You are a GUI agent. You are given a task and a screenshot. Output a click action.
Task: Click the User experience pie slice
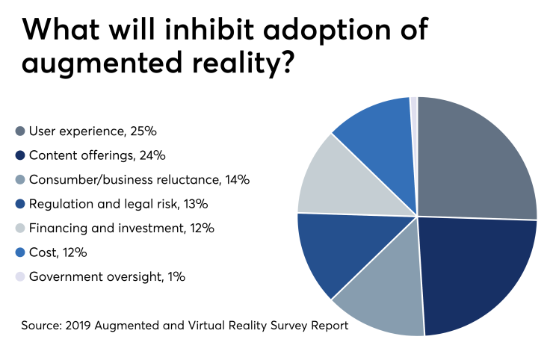(475, 164)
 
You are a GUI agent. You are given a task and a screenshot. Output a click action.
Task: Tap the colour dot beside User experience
(20, 131)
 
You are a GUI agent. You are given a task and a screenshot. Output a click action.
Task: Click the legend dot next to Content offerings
(20, 155)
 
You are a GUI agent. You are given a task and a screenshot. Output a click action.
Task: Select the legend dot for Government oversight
(20, 276)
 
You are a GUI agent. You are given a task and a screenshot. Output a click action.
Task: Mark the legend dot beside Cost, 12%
(20, 252)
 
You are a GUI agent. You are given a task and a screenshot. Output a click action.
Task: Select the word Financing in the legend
(55, 229)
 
